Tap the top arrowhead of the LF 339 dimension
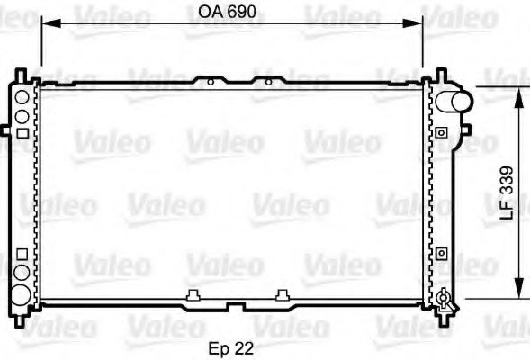coord(518,93)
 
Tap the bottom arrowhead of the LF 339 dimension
coord(518,293)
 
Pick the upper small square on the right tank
coord(441,132)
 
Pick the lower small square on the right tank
coord(441,253)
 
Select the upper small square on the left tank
coord(21,132)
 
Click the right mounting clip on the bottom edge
coord(283,293)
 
